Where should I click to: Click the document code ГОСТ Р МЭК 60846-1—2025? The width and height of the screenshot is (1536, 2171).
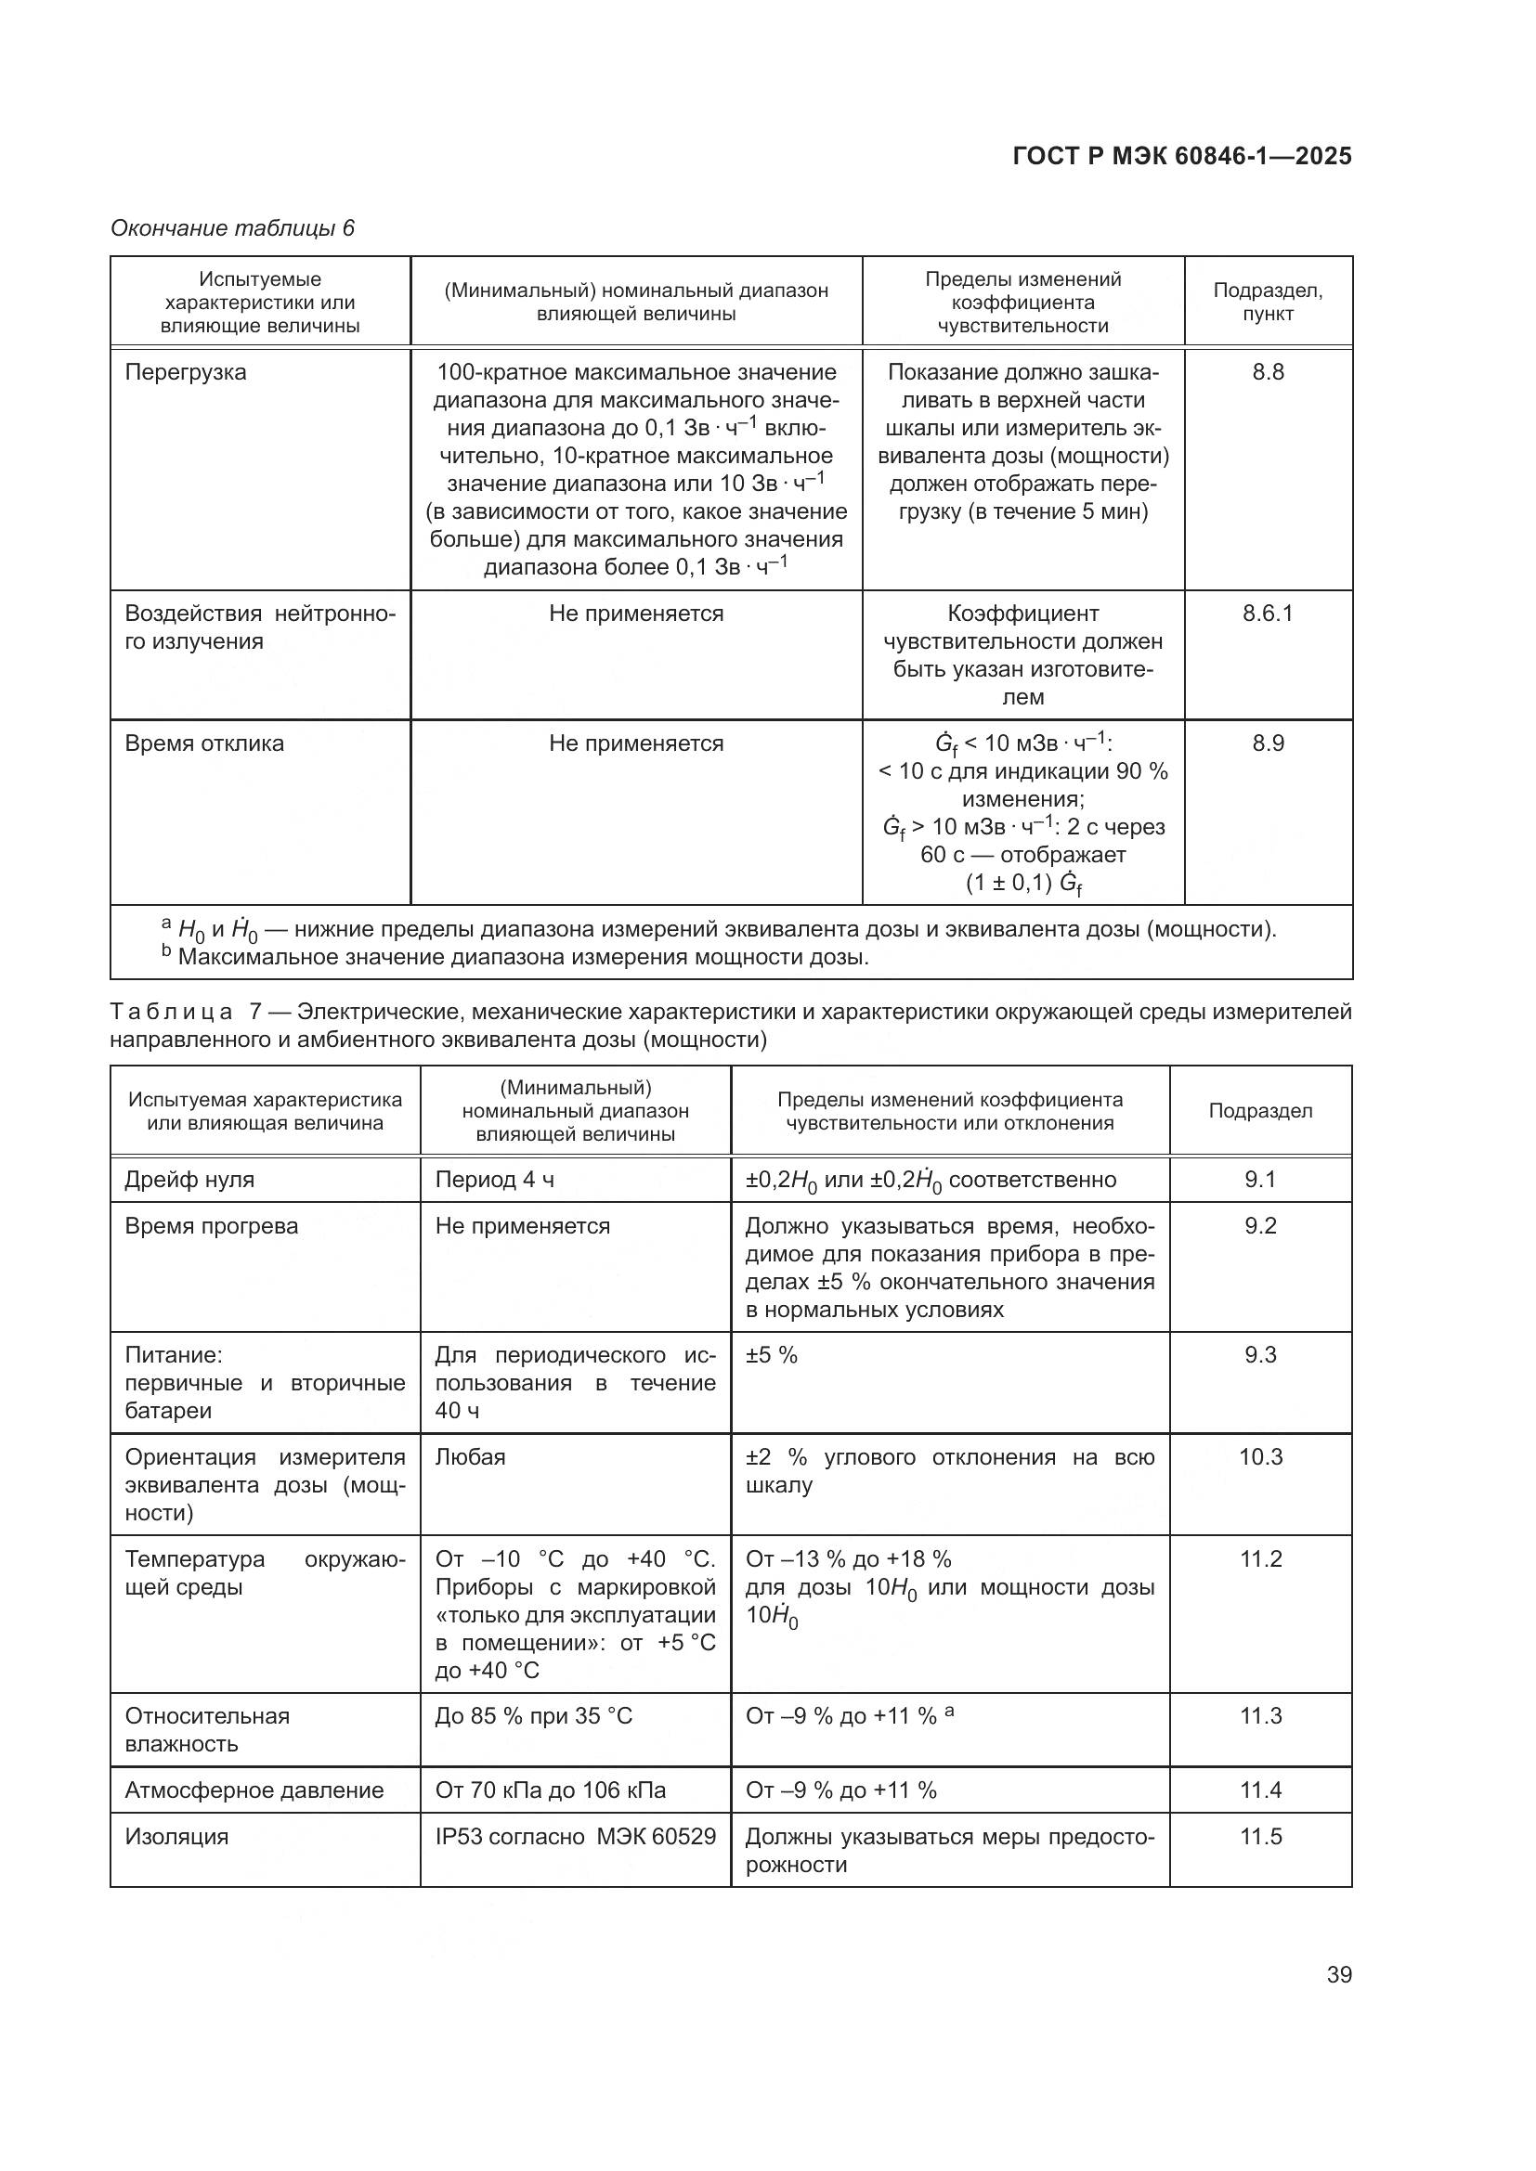(1181, 156)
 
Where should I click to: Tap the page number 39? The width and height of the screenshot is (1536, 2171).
(1338, 1974)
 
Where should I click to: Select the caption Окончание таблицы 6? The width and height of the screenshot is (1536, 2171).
(233, 228)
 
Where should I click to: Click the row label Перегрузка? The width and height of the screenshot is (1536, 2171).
(186, 372)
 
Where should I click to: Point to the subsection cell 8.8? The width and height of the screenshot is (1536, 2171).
(1268, 372)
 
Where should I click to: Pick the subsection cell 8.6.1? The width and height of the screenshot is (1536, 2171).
(1268, 614)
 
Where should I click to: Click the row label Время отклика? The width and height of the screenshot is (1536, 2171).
(204, 743)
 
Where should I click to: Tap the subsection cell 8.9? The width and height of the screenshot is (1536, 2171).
(1268, 743)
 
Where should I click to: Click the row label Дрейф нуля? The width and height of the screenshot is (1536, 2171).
(189, 1180)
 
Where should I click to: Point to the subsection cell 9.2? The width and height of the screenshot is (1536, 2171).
(1260, 1226)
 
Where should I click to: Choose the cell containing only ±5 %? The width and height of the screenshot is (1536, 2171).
(772, 1356)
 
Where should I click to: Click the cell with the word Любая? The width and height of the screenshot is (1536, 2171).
(470, 1457)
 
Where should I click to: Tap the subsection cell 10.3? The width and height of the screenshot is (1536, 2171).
(1260, 1457)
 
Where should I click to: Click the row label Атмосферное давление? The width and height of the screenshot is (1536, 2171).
(254, 1790)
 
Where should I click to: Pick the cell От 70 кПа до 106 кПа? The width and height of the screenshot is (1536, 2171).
(551, 1790)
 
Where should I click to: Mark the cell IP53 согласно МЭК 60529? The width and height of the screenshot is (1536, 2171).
(575, 1837)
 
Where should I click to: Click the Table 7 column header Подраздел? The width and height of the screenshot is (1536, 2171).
(1260, 1111)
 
